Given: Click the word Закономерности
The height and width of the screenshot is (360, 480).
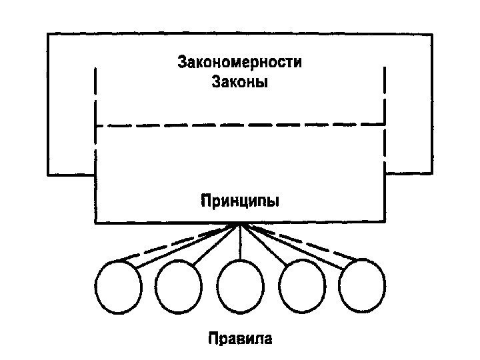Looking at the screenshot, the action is [x=239, y=64].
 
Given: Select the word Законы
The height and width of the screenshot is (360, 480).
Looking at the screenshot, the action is [x=239, y=83].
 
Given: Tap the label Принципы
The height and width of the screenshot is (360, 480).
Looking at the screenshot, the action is [x=239, y=200].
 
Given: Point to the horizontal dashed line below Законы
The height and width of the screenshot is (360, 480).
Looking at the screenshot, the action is [x=239, y=125].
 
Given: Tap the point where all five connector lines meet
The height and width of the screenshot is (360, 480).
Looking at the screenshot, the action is [x=240, y=225].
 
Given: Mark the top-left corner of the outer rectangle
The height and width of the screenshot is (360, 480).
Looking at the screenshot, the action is [x=48, y=33].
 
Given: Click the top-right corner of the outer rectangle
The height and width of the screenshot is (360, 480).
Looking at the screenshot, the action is [x=432, y=33].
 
